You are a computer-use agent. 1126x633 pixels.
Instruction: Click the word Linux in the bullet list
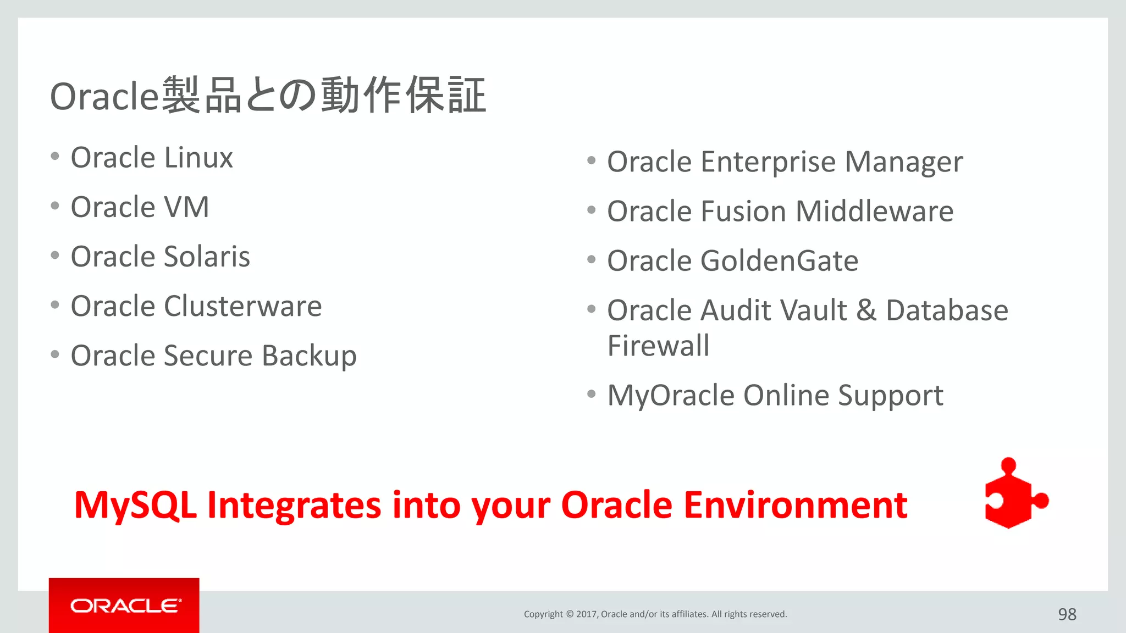(198, 158)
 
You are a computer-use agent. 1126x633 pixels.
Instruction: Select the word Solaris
(207, 257)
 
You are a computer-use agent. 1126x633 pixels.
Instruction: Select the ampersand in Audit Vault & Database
(866, 310)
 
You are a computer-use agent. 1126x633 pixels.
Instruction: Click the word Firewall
(658, 346)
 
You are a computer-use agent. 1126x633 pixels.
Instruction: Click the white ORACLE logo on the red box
(125, 606)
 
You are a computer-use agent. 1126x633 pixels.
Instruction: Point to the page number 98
(1067, 614)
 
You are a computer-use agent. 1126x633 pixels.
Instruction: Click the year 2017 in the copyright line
(587, 614)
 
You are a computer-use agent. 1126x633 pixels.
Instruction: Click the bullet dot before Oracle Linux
(54, 157)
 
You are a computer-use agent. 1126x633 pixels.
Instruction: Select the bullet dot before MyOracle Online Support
(591, 394)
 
